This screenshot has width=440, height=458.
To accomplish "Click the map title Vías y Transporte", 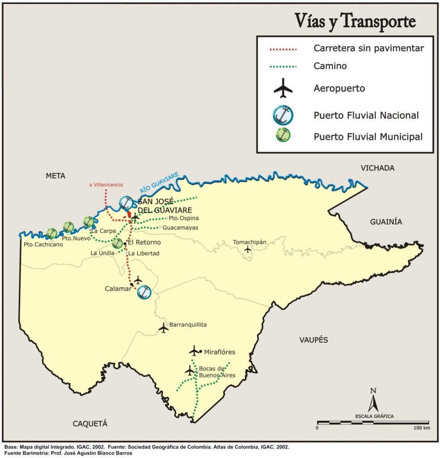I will coord(355,21).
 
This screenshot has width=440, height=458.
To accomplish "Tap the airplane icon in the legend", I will coord(283,88).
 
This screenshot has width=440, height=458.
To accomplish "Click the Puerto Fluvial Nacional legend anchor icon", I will coord(283,115).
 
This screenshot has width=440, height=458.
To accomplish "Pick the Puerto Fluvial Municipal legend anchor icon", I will coord(283,136).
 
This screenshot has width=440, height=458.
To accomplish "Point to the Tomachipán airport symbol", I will coord(248,249).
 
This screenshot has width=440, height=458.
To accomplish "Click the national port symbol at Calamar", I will coord(144,292).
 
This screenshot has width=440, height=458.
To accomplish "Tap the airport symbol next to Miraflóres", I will coord(194,351).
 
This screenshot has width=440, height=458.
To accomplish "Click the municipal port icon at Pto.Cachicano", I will coord(52,233).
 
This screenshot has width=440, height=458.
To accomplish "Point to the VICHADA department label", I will coord(378,168).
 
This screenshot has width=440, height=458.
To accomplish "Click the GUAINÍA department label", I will coord(386,222).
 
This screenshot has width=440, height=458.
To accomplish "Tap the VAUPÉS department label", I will coord(313,340).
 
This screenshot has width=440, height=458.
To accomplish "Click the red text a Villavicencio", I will coord(106,185).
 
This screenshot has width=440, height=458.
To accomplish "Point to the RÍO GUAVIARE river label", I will coord(159,182).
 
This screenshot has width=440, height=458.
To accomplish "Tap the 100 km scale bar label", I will coord(421,428).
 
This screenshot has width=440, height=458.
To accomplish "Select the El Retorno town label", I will coord(144,243).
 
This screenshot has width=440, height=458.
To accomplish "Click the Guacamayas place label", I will coord(180,228).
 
